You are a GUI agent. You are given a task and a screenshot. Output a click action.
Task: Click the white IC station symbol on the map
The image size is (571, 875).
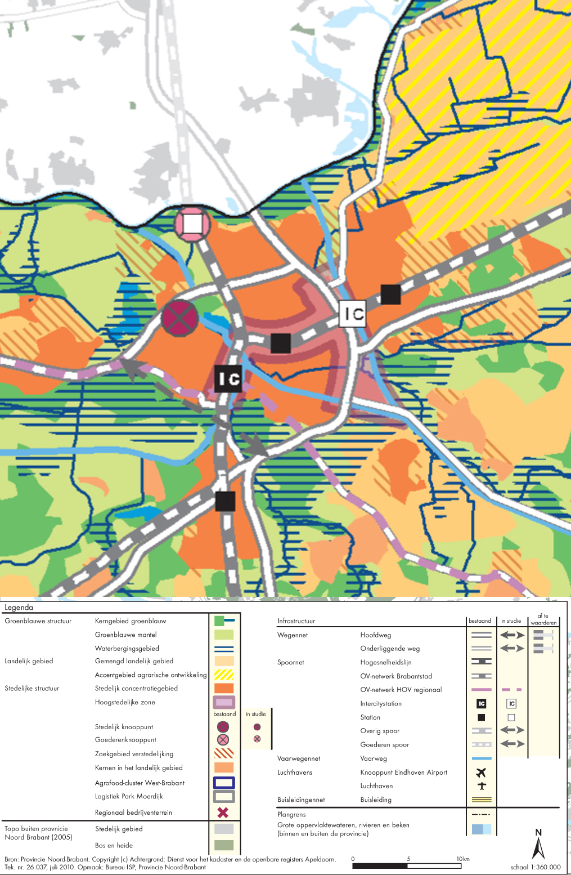tap(353, 314)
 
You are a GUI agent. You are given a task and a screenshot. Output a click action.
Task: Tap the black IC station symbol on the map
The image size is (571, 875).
tap(228, 378)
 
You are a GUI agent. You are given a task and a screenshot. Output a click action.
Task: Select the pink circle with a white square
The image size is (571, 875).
tap(192, 224)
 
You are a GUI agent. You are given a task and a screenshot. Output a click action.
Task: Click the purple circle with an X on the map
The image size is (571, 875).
tap(180, 318)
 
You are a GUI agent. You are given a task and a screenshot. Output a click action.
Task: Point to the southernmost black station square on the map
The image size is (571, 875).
tap(225, 501)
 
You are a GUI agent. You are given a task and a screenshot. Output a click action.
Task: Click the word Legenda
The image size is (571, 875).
tap(19, 608)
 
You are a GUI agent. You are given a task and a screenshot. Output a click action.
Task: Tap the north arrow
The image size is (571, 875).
tap(538, 845)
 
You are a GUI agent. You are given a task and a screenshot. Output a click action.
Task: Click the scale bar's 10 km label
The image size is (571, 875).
tap(462, 859)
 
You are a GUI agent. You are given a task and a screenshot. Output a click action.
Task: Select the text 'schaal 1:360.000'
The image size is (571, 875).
tap(535, 867)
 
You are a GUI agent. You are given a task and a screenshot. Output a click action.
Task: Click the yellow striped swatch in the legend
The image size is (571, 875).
tap(224, 675)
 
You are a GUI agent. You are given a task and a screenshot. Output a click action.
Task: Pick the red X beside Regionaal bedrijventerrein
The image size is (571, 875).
tap(223, 812)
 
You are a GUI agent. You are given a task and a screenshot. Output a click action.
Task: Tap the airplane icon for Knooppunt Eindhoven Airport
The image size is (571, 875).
tap(481, 773)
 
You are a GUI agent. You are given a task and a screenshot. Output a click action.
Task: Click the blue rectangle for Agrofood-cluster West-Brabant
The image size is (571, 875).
tap(224, 783)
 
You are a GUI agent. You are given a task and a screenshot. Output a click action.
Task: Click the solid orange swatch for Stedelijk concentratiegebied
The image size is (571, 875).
tap(224, 688)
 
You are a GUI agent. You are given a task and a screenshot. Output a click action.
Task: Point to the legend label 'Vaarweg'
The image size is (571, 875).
tap(374, 758)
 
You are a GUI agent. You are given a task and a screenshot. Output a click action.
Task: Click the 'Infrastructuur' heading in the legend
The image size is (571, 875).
tap(296, 621)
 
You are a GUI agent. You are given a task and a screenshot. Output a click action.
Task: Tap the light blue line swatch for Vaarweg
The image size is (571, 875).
tap(481, 758)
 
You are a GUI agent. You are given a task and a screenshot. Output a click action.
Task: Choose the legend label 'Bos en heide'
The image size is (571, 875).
tap(114, 845)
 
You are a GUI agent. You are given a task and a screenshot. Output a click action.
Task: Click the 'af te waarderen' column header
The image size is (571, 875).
tap(543, 619)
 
